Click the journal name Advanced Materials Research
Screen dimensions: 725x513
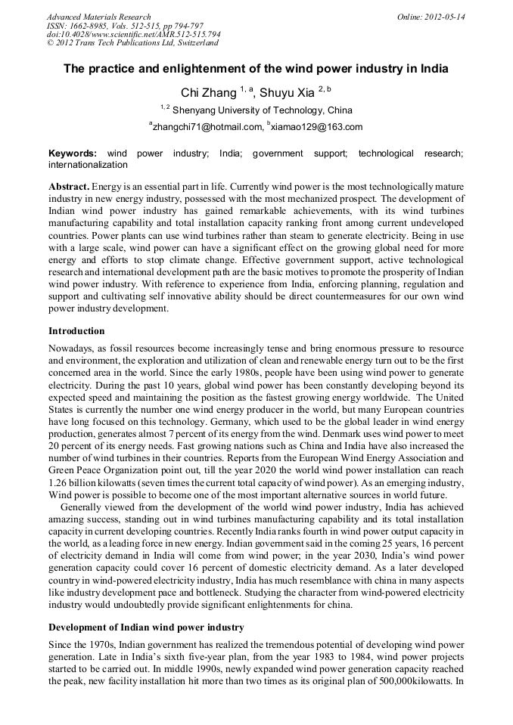pos(98,17)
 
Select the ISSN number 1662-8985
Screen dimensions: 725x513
pos(93,26)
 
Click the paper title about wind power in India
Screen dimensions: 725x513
pos(256,69)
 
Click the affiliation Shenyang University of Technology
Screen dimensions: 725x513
pos(262,110)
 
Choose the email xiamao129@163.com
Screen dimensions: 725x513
pos(317,127)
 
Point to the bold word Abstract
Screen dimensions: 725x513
pos(70,186)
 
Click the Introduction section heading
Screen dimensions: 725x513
pos(76,331)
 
